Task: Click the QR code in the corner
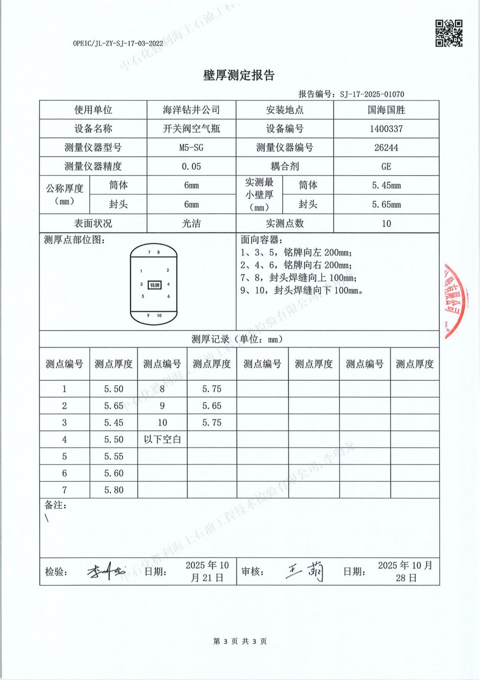[x=449, y=33]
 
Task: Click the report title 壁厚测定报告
[x=239, y=76]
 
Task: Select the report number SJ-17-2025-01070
[x=372, y=94]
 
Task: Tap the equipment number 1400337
[x=386, y=129]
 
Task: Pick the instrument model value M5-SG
[x=191, y=147]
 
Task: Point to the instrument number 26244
[x=386, y=147]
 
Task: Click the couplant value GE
[x=386, y=167]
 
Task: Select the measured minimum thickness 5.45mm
[x=386, y=185]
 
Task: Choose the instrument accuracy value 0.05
[x=191, y=167]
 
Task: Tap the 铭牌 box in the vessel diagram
[x=155, y=285]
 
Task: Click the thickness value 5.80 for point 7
[x=114, y=490]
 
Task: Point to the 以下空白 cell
[x=162, y=439]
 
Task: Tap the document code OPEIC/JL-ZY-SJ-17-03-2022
[x=118, y=43]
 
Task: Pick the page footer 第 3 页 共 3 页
[x=240, y=641]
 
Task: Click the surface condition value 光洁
[x=191, y=224]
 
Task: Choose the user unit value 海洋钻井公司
[x=191, y=110]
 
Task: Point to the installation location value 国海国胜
[x=386, y=110]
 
